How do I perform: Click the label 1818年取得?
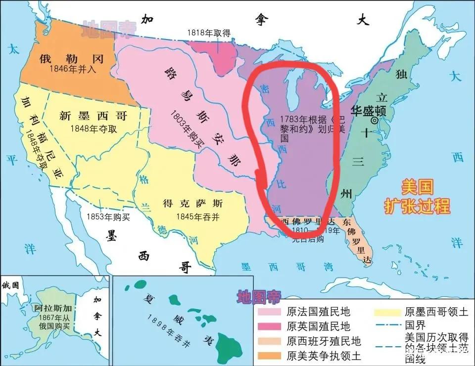pos(208,33)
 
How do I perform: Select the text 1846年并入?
pos(73,70)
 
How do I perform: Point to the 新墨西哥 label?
pos(93,116)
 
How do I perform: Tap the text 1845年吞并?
pos(194,216)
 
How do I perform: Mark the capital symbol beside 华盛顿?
pos(375,120)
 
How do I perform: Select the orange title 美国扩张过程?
pos(418,197)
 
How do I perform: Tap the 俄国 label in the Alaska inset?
pos(10,285)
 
